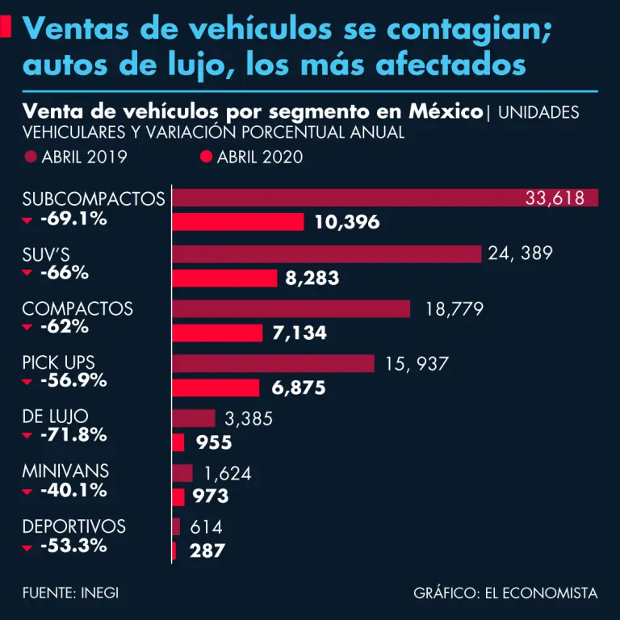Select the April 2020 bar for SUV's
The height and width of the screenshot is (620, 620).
pyautogui.click(x=226, y=279)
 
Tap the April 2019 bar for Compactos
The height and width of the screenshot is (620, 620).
pyautogui.click(x=291, y=309)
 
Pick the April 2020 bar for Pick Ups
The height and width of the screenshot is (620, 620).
pyautogui.click(x=216, y=387)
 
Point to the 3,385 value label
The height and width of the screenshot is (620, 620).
pyautogui.click(x=249, y=419)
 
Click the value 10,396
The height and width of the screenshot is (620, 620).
pyautogui.click(x=347, y=222)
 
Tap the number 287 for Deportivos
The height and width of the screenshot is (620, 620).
pyautogui.click(x=207, y=551)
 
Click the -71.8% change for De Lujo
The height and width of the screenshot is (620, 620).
pyautogui.click(x=73, y=435)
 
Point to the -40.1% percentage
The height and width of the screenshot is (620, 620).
pyautogui.click(x=73, y=490)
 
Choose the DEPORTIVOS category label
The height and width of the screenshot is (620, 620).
pyautogui.click(x=74, y=526)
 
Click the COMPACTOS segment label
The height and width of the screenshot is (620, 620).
pyautogui.click(x=77, y=309)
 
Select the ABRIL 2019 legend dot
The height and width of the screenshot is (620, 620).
pyautogui.click(x=31, y=157)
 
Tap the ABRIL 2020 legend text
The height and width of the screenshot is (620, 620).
pyautogui.click(x=260, y=157)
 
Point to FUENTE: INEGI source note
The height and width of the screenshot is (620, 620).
pyautogui.click(x=70, y=593)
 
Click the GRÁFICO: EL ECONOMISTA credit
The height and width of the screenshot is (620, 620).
pyautogui.click(x=505, y=593)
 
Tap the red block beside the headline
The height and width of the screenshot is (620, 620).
pyautogui.click(x=6, y=27)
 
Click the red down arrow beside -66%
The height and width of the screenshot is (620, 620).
pyautogui.click(x=27, y=274)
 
